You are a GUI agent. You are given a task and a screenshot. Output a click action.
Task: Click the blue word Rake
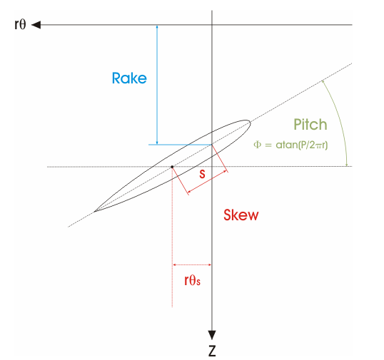coord(129,78)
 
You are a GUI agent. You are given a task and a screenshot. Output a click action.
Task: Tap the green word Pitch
coord(310,125)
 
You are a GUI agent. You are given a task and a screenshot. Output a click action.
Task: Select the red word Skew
coord(241,215)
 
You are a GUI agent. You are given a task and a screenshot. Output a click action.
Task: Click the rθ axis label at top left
coord(20,24)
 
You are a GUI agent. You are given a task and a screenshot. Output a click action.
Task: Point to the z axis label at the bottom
coord(212,351)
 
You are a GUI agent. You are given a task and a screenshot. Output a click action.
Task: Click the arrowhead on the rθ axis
coord(36,25)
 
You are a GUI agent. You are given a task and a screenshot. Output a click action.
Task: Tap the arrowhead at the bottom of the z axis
coord(212,335)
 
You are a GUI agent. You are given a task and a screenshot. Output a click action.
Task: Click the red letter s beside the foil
coord(202,174)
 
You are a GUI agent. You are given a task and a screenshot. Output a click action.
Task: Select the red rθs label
coord(192,280)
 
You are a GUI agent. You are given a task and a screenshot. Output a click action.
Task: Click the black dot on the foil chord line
coord(172,167)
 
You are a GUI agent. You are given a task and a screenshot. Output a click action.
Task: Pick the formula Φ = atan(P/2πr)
coord(290,145)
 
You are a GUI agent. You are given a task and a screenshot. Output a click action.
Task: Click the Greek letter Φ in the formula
coord(258,145)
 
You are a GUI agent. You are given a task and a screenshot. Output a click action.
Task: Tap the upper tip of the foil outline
coord(250,122)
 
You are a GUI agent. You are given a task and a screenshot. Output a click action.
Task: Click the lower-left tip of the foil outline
coord(95,211)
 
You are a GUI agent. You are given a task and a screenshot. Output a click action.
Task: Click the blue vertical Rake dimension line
coord(157,85)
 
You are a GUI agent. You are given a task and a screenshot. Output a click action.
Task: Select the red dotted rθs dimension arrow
coord(192,264)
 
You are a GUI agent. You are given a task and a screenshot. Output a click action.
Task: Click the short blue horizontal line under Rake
coord(180,145)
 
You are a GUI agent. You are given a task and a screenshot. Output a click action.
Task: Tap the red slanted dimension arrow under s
coord(207,182)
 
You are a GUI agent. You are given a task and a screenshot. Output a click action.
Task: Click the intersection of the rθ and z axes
coord(212,25)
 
